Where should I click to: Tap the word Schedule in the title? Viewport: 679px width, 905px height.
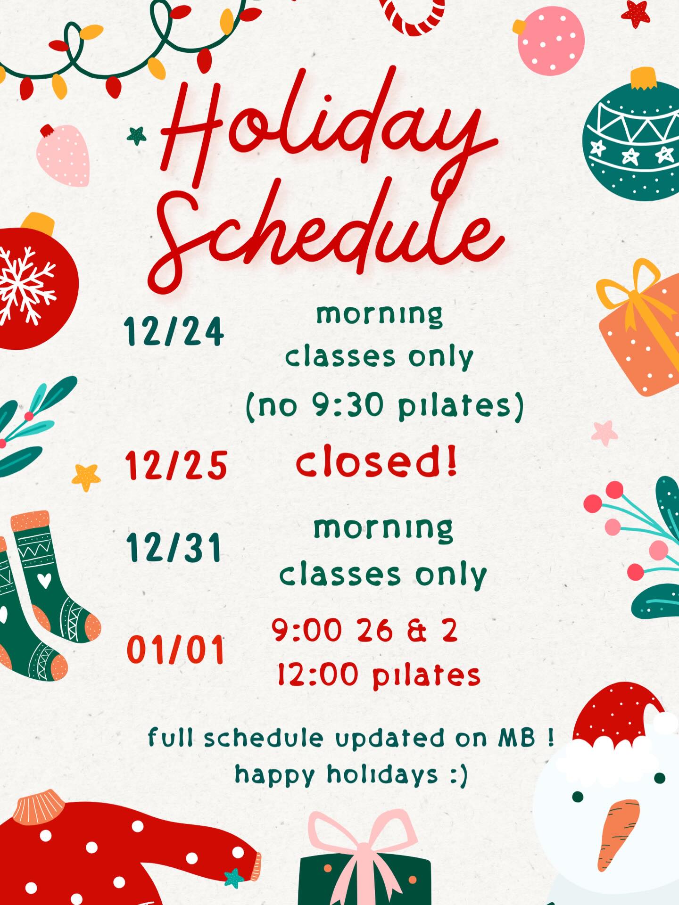(325, 231)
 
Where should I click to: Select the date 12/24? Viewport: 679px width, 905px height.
(174, 331)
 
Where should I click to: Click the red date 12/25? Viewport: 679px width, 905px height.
(176, 465)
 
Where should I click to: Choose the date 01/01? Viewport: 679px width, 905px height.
(175, 650)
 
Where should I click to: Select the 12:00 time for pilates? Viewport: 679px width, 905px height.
(317, 675)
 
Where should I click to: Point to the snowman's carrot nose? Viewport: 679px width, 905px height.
(618, 832)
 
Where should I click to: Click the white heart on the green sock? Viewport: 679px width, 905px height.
(44, 581)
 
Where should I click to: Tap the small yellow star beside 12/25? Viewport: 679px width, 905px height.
(86, 477)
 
